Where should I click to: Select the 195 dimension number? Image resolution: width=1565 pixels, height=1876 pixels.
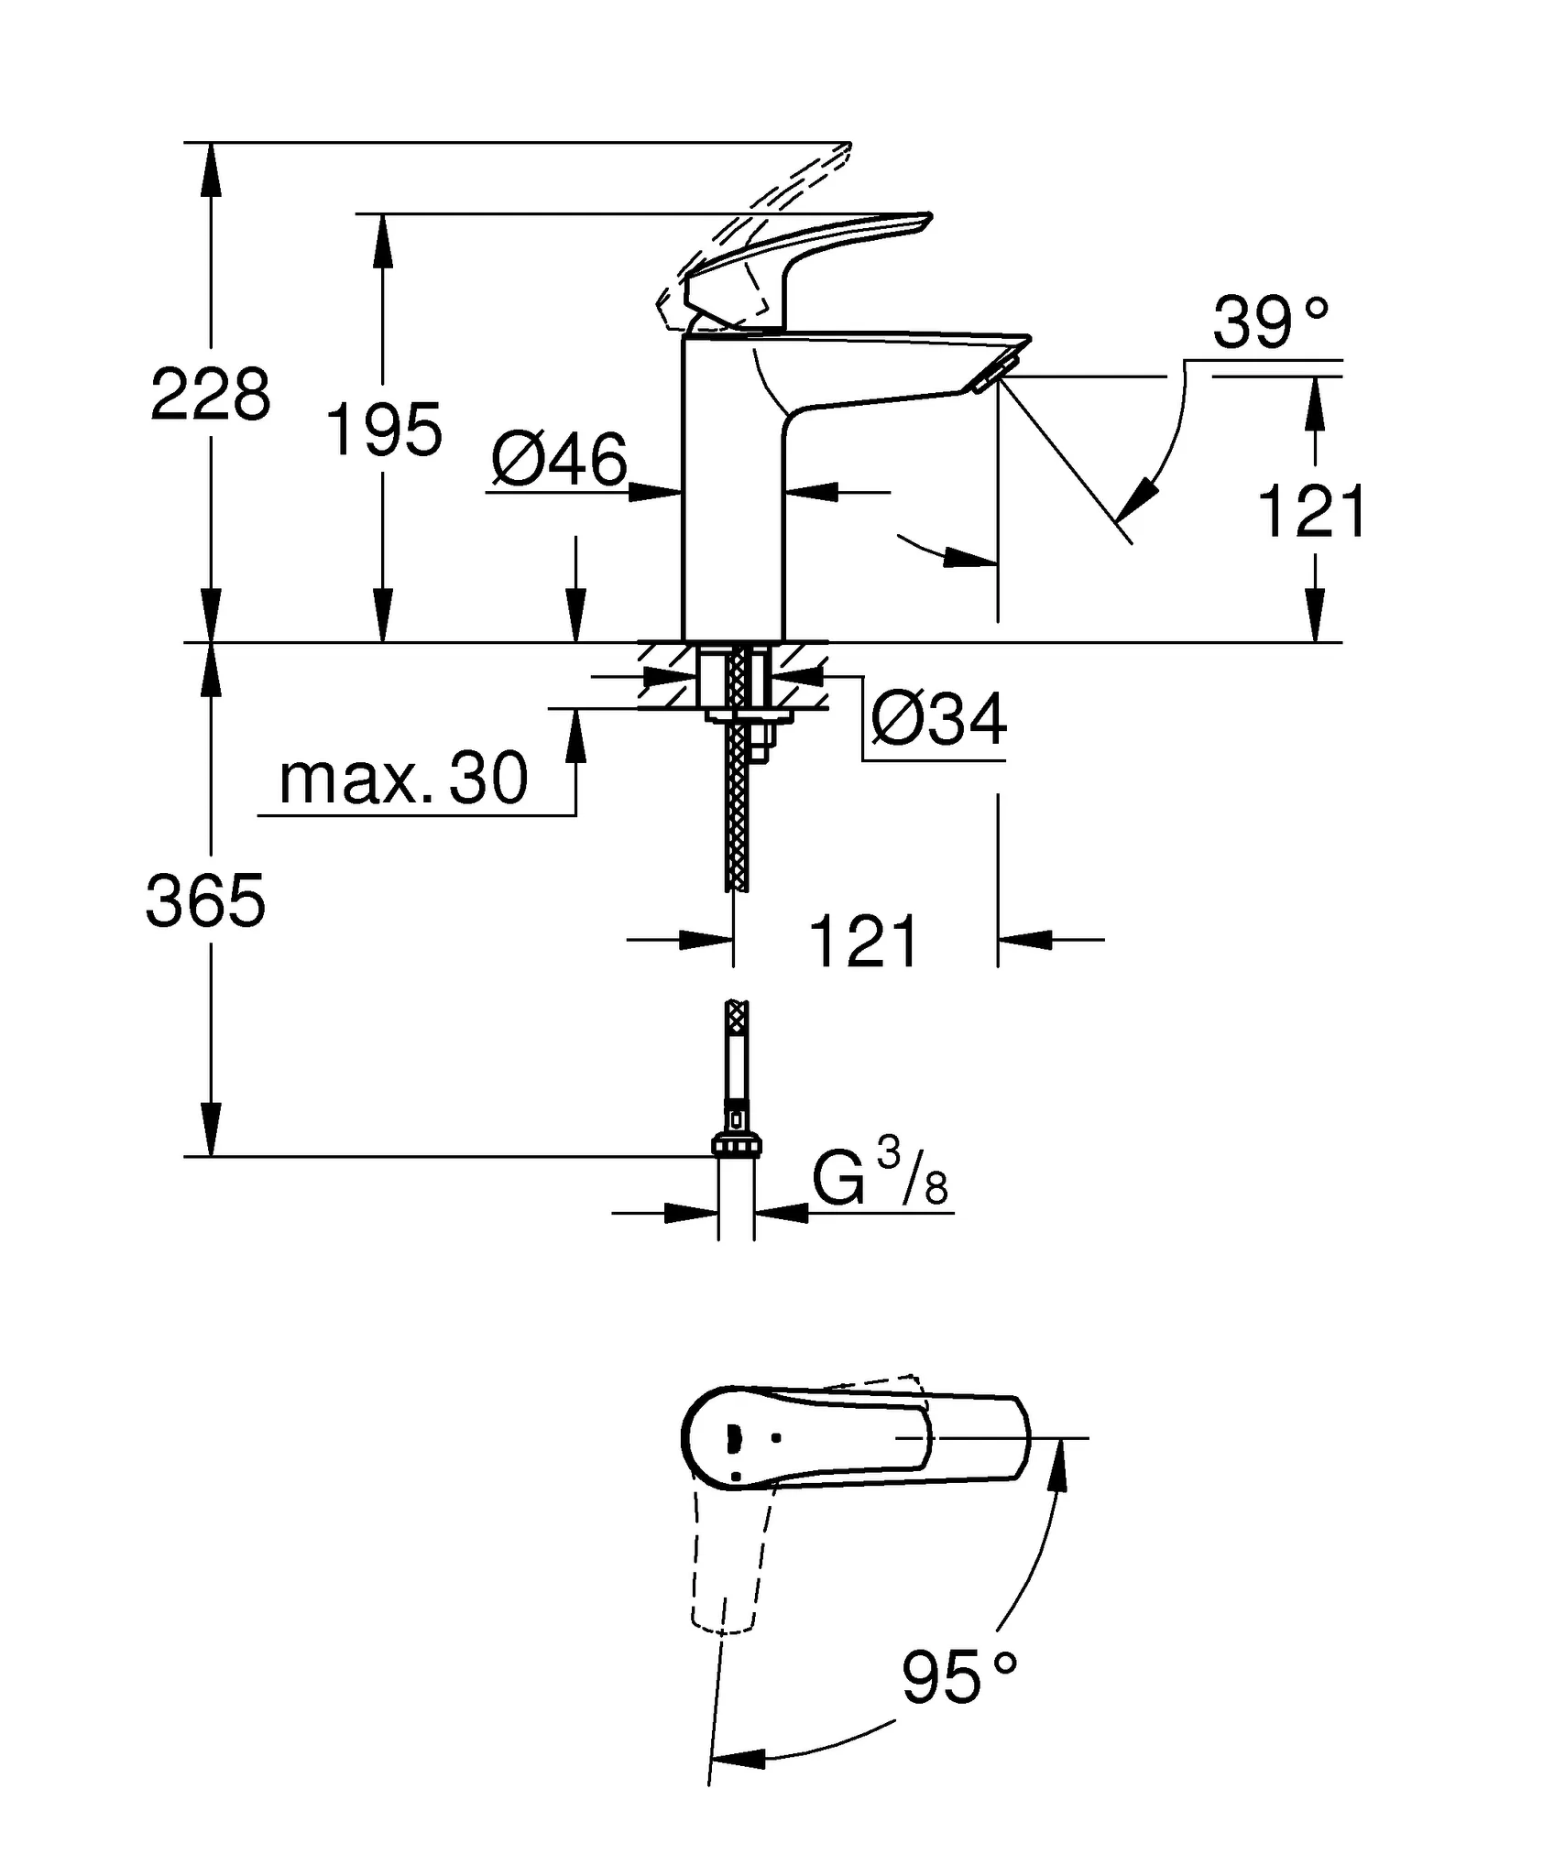point(384,430)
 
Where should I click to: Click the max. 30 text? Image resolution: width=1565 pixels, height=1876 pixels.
point(403,780)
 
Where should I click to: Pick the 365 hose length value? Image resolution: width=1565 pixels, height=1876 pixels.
point(205,901)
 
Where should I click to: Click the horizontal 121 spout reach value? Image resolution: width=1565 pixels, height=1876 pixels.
point(863,942)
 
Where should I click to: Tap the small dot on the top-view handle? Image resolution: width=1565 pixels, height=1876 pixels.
point(777,1437)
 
